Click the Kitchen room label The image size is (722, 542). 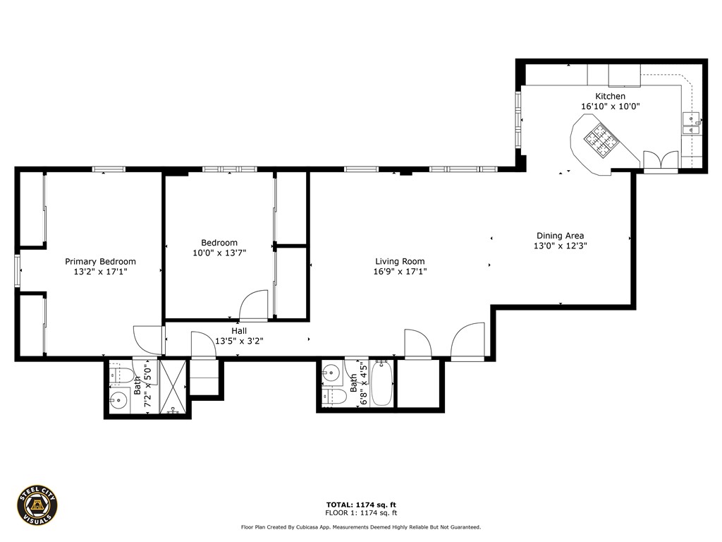(x=610, y=96)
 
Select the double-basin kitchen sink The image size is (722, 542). (x=691, y=123)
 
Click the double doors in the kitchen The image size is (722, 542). (x=660, y=162)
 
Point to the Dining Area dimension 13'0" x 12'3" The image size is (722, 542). (x=560, y=246)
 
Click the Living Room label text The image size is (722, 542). (x=400, y=261)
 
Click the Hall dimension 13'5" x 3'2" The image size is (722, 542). (x=238, y=340)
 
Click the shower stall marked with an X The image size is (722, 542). (x=173, y=387)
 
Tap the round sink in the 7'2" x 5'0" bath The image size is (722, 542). (x=118, y=402)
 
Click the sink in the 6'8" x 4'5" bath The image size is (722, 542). (x=330, y=373)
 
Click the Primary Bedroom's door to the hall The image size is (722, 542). (x=148, y=339)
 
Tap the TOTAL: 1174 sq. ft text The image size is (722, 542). (x=360, y=505)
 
